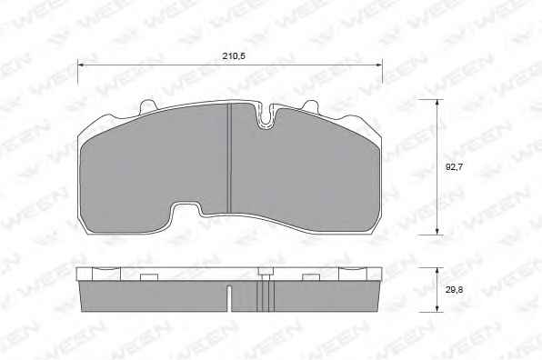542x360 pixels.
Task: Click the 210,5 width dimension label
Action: (234, 56)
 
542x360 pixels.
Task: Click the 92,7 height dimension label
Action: (454, 167)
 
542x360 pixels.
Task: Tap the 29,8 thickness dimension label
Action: (454, 290)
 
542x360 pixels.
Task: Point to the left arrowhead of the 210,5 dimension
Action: (82, 65)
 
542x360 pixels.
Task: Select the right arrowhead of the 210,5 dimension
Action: (378, 65)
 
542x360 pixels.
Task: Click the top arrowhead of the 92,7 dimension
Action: (437, 103)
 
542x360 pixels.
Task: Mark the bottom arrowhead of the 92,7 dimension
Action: (437, 232)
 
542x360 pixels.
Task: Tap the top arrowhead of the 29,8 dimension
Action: (437, 271)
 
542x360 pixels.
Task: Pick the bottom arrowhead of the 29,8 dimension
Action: (437, 308)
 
